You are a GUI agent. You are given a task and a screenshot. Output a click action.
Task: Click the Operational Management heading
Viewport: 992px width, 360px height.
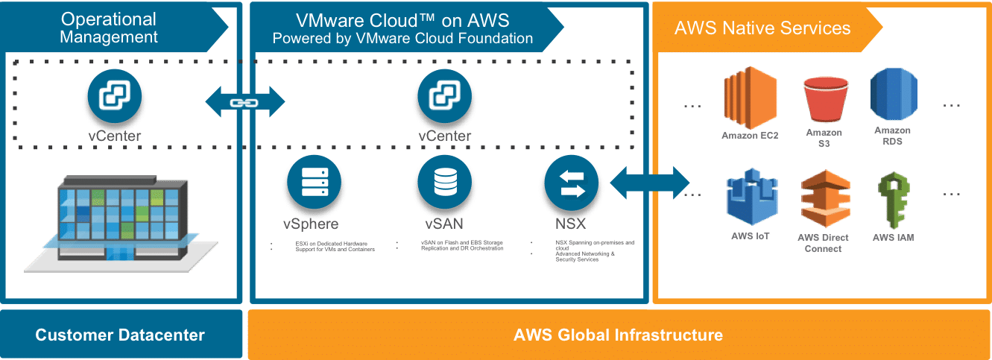click(x=109, y=28)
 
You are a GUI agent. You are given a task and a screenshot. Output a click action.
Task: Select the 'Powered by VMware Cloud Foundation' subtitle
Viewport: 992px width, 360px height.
click(x=402, y=38)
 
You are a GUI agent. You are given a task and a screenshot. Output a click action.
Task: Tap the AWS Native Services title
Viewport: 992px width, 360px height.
click(x=762, y=28)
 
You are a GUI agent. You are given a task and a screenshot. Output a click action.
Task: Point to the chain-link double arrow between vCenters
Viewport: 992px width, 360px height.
click(x=243, y=101)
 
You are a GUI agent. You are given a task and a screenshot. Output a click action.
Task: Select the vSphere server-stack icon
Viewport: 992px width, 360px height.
click(x=312, y=183)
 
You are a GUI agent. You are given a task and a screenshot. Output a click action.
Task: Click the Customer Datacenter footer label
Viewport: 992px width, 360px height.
click(x=120, y=335)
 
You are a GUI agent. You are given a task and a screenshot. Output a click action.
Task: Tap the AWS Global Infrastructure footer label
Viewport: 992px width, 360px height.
click(x=618, y=335)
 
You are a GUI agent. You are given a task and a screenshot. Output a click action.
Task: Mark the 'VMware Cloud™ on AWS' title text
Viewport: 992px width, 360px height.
click(x=402, y=20)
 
